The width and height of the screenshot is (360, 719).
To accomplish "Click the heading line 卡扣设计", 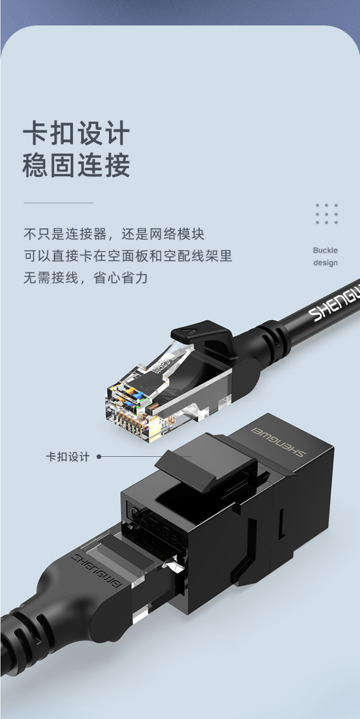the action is click(76, 133).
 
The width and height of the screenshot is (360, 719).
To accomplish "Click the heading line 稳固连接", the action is click(76, 165).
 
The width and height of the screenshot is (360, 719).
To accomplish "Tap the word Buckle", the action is click(325, 250).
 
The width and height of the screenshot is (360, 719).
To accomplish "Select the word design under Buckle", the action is click(325, 263).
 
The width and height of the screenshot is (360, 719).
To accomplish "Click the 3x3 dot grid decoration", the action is click(326, 214).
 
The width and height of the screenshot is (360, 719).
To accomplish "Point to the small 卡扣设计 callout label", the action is click(68, 457).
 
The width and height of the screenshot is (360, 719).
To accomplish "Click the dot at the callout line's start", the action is click(99, 457).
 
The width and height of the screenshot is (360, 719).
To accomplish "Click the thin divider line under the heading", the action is click(59, 203).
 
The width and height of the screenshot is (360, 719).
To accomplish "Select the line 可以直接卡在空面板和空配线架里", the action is click(128, 256).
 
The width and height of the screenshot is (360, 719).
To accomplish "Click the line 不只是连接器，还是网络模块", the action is click(114, 234).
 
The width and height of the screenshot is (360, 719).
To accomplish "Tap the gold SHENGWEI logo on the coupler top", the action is click(278, 441).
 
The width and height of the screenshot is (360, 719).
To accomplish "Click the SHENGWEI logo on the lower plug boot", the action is click(96, 571).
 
